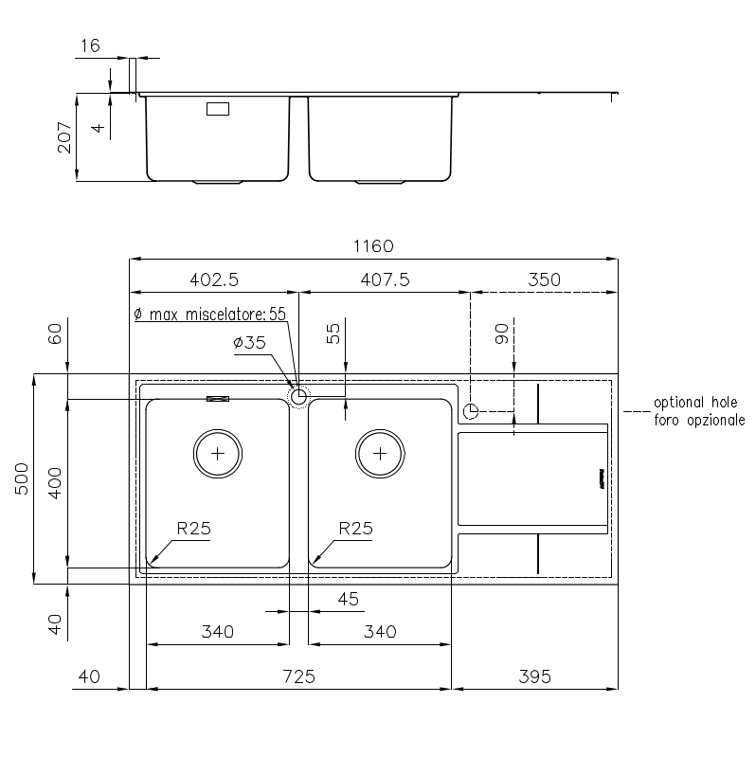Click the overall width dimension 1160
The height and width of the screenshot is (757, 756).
click(373, 246)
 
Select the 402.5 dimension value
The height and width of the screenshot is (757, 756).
click(214, 279)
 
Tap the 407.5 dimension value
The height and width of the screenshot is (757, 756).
click(385, 279)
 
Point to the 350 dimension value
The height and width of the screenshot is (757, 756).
click(544, 279)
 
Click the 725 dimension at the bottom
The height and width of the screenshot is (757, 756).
click(298, 676)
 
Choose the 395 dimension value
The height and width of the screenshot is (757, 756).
click(534, 676)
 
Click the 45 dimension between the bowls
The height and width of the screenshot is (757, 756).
click(348, 599)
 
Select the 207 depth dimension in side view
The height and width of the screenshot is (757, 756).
click(64, 137)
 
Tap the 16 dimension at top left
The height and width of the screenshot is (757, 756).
click(90, 45)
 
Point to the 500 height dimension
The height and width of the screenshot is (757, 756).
click(22, 478)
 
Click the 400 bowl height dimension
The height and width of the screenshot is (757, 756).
click(55, 483)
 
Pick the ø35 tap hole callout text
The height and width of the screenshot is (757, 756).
click(249, 343)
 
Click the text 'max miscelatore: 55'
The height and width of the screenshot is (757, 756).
click(217, 315)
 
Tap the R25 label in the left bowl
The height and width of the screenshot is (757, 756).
click(193, 529)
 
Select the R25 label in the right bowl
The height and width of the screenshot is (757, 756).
click(356, 529)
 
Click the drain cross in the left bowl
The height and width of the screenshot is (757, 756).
click(218, 454)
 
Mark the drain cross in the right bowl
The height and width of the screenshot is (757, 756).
click(380, 454)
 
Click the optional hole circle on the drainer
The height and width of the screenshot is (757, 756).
click(471, 411)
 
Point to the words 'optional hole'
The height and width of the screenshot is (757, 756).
click(695, 402)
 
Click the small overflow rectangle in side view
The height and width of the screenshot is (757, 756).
click(218, 109)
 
